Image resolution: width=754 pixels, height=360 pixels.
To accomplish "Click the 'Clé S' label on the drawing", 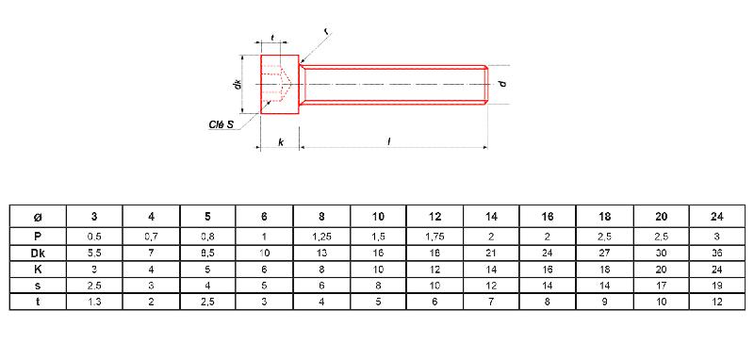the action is coord(221,124).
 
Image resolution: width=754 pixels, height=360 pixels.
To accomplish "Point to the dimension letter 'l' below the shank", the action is coord(388,141).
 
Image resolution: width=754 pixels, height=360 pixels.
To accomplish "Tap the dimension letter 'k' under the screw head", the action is coord(280,141).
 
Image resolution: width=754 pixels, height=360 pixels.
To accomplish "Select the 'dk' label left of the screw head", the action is coord(237,85).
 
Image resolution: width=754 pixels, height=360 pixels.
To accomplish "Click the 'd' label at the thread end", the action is coord(502,84).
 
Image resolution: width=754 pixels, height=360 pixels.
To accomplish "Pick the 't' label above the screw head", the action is coord(272,37).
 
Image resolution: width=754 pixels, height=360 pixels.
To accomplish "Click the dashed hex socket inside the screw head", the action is coord(276,83).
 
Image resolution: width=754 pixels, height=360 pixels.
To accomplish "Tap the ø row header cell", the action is coord(38,217).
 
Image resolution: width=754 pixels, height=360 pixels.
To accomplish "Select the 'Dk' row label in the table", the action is coord(38,253).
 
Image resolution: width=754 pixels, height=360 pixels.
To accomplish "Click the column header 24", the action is coord(716,217).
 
